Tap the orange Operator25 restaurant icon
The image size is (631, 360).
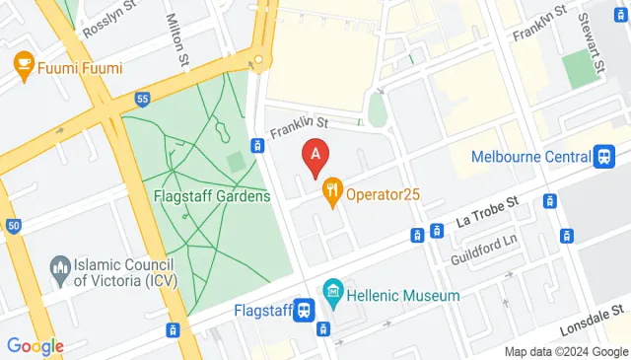tap(332, 193)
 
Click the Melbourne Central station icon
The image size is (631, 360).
tap(603, 156)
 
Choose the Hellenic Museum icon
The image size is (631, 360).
tap(332, 294)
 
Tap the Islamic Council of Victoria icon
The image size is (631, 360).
tap(62, 267)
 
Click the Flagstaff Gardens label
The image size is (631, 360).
tap(212, 196)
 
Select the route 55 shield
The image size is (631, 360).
tap(142, 100)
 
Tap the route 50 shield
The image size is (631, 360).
tap(13, 226)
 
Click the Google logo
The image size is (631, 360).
tap(35, 345)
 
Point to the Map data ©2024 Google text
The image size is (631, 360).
tap(565, 352)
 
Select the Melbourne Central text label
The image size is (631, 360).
tap(530, 156)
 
